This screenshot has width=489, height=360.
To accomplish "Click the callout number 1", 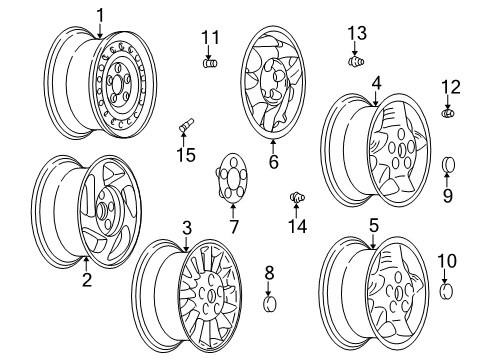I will point(100,14).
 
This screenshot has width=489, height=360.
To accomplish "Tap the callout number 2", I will point(87,281).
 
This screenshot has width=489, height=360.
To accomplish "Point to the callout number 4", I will point(376,84).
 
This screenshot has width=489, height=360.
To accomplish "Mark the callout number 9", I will point(447,194).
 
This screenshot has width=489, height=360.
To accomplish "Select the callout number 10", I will point(447,261).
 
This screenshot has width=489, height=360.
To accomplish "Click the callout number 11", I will point(209,38).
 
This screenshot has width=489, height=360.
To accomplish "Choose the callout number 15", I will point(183,154).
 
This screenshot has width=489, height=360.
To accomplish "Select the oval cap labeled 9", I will point(447,164).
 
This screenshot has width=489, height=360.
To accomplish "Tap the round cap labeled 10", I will point(447,293).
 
